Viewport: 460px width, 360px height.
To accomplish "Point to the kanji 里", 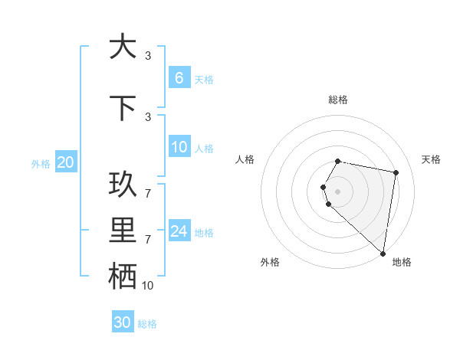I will pyautogui.click(x=123, y=231).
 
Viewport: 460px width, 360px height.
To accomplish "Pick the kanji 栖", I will pyautogui.click(x=123, y=277).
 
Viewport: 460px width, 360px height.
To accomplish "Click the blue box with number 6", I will pyautogui.click(x=179, y=78).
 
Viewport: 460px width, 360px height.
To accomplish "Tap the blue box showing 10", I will pyautogui.click(x=179, y=147).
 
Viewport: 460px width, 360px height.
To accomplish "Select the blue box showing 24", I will pyautogui.click(x=179, y=231).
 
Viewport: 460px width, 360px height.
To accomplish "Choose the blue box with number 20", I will pyautogui.click(x=65, y=162).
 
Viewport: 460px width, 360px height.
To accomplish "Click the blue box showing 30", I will pyautogui.click(x=123, y=322).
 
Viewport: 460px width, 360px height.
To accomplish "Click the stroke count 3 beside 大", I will pyautogui.click(x=148, y=56).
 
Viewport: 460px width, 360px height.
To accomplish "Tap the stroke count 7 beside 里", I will pyautogui.click(x=148, y=240).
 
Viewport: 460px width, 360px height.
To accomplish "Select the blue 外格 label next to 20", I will pyautogui.click(x=41, y=163).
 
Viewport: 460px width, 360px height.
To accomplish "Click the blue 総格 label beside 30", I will pyautogui.click(x=147, y=324).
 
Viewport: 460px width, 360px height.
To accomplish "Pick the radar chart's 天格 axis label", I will pyautogui.click(x=431, y=159).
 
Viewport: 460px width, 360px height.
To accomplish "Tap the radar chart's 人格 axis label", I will pyautogui.click(x=245, y=159).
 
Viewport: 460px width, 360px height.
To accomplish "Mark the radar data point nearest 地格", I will pyautogui.click(x=383, y=253).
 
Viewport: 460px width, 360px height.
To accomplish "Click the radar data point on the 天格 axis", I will pyautogui.click(x=396, y=172).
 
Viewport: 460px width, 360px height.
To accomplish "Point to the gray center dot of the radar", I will pyautogui.click(x=338, y=191).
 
